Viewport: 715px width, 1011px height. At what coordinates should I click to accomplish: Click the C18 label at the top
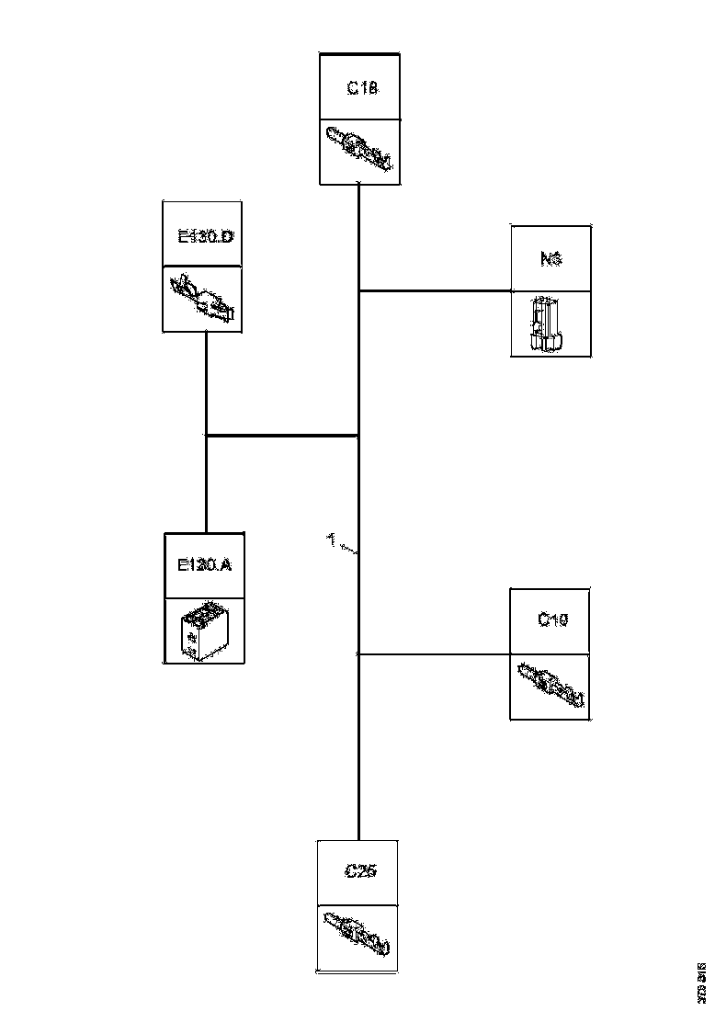click(x=361, y=89)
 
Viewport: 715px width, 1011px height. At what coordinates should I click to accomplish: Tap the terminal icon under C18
click(x=359, y=149)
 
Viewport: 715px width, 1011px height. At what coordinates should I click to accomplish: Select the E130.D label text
click(x=205, y=236)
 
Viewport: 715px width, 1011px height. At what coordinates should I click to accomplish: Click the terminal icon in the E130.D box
click(x=203, y=299)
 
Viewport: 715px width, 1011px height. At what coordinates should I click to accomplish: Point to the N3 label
click(x=551, y=259)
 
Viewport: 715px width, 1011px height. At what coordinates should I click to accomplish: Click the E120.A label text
click(x=204, y=564)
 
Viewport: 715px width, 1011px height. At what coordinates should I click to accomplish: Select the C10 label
click(x=551, y=620)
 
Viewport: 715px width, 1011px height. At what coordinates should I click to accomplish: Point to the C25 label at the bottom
click(x=359, y=871)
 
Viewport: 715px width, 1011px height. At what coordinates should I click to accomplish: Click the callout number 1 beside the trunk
click(x=331, y=539)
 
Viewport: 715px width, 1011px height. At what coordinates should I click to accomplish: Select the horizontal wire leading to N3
click(x=437, y=290)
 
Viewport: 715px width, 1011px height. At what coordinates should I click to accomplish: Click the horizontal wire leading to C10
click(x=434, y=654)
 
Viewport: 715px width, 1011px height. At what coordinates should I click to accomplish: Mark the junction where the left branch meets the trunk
click(x=357, y=435)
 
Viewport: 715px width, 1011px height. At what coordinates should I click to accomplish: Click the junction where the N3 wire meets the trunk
click(x=358, y=290)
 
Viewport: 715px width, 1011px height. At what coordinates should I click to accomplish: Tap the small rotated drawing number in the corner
click(x=701, y=980)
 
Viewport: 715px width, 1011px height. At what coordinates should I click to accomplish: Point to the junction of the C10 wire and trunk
click(x=357, y=654)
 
